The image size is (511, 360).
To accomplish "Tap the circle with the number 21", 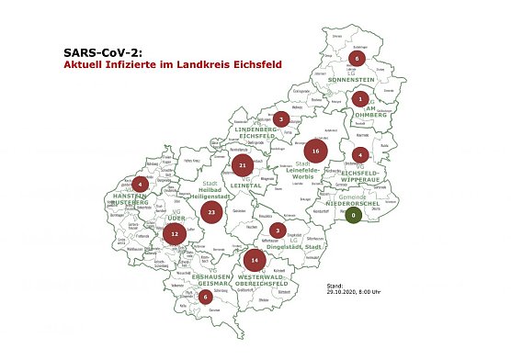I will click(243, 166).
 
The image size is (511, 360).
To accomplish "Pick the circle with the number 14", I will click(255, 261).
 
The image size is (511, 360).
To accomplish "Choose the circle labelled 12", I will click(175, 234).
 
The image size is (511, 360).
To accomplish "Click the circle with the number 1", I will click(361, 98).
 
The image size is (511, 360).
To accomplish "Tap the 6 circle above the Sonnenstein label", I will click(358, 60).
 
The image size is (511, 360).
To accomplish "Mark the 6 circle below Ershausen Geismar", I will click(205, 297).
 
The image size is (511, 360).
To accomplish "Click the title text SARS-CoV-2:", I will click(105, 53).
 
